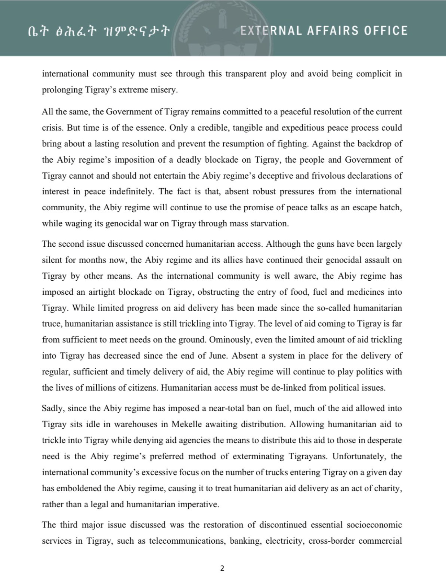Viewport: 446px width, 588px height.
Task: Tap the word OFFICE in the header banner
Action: (386, 31)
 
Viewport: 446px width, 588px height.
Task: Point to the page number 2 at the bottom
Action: (222, 568)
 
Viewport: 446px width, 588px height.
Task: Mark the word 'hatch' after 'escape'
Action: (391, 207)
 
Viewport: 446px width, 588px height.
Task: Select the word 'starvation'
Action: (268, 224)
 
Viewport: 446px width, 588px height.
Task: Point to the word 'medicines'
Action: (364, 292)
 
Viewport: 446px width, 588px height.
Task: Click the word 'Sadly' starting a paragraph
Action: (52, 408)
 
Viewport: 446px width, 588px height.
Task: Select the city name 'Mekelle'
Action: (187, 424)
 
